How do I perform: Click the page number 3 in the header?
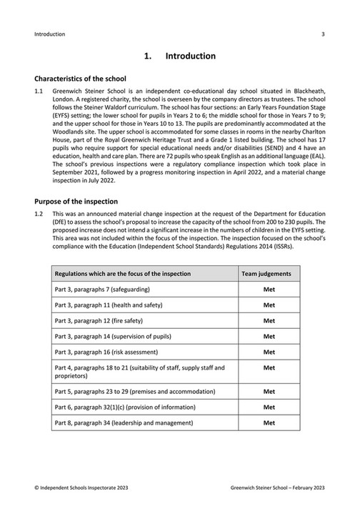point(323,34)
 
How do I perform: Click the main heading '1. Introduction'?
point(179,56)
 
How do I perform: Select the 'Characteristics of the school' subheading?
point(80,78)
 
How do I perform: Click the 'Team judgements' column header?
point(269,274)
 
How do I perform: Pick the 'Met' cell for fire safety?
point(269,320)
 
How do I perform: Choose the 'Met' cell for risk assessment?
point(269,352)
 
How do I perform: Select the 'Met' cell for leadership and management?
point(269,422)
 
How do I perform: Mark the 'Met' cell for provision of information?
point(269,407)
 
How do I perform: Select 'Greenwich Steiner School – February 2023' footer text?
point(278,486)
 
